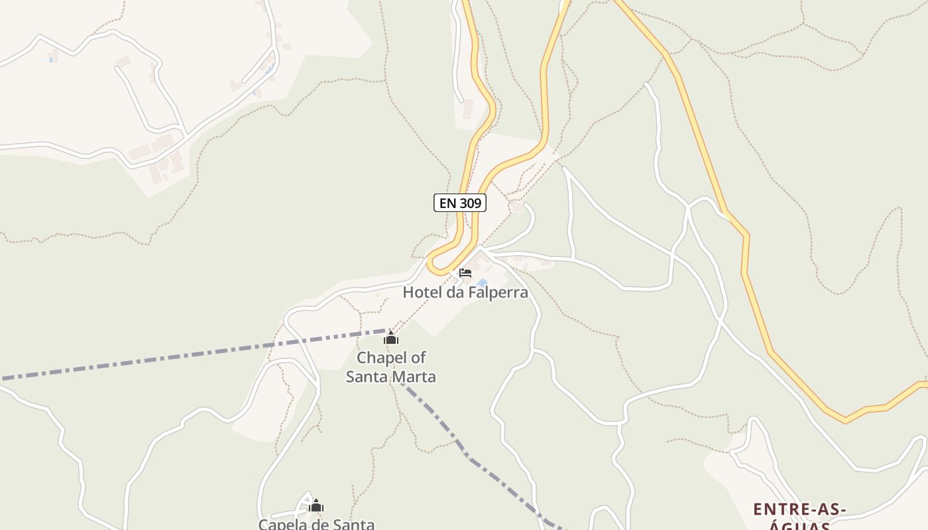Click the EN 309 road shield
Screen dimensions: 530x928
tap(459, 203)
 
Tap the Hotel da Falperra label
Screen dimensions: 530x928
tap(465, 292)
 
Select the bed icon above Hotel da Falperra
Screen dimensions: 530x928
tap(465, 272)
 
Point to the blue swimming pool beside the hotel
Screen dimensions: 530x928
tap(482, 282)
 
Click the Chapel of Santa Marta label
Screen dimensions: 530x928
tap(391, 367)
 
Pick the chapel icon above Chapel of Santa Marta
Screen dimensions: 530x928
tap(391, 339)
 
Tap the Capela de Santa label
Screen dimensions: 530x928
tap(316, 524)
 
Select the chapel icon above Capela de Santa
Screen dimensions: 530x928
tap(316, 507)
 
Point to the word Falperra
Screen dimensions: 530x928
tap(497, 292)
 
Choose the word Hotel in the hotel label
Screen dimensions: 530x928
tap(422, 292)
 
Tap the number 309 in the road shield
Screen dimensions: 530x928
tap(469, 203)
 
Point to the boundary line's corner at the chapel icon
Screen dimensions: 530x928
tap(387, 330)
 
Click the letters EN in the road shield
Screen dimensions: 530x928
tap(447, 203)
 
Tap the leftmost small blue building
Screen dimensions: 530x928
tap(52, 60)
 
